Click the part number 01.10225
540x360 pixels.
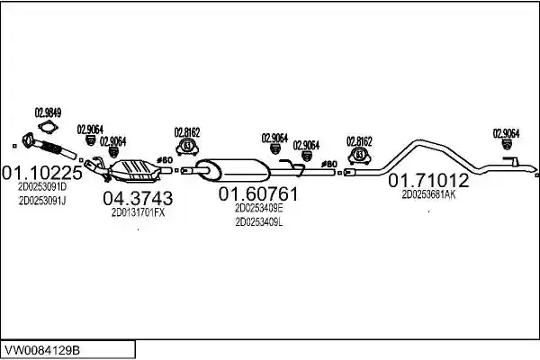point(42,173)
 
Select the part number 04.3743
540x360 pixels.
point(138,198)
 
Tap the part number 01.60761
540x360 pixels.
point(258,194)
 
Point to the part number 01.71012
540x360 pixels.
point(428,181)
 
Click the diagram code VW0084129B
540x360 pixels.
point(42,351)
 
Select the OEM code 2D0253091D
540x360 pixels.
point(42,186)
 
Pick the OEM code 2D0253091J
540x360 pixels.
point(42,201)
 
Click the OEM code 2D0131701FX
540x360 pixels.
point(138,213)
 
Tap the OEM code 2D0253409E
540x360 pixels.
point(259,209)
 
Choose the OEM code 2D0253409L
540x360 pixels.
point(259,222)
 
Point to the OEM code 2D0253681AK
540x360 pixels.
point(428,194)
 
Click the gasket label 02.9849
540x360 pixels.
point(48,113)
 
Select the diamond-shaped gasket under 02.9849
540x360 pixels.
point(48,127)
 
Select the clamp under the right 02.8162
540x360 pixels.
point(359,155)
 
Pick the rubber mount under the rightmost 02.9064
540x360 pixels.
point(506,144)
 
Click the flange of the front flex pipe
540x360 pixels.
point(29,140)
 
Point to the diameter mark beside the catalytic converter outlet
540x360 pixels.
point(164,160)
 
